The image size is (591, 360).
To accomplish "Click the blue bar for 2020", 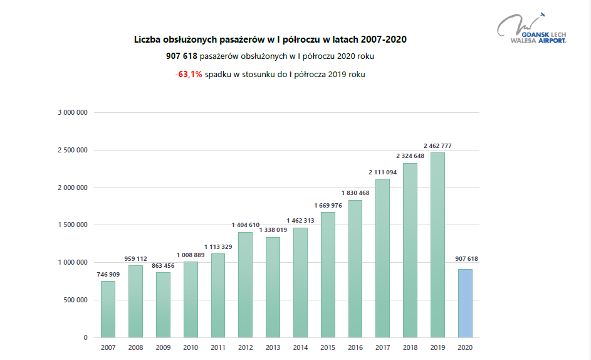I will (464, 303).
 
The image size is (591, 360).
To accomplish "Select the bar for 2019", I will (437, 245).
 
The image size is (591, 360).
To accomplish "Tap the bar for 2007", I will (108, 309).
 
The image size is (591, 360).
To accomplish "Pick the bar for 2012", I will (245, 285).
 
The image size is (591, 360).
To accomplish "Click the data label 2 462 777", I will (437, 146).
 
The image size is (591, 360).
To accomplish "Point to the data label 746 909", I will (108, 275).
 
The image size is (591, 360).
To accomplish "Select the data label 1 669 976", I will (328, 205).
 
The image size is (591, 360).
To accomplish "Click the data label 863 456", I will (163, 266).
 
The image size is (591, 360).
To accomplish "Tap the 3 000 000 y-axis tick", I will (72, 113).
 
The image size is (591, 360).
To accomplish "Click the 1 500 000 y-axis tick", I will (72, 225).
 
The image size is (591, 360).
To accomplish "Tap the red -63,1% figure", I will (189, 74).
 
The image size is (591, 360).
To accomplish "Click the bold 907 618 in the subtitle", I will (182, 56).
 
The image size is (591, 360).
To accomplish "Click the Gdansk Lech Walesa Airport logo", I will (531, 29).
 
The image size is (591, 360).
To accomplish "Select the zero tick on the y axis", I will (85, 337).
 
